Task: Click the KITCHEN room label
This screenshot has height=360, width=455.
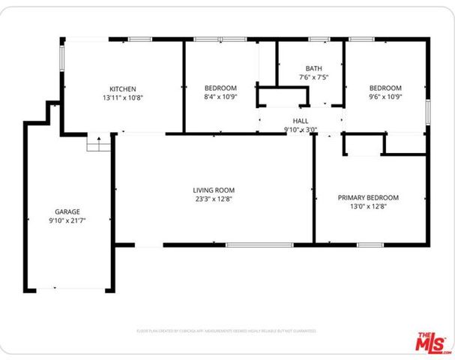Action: pos(122,88)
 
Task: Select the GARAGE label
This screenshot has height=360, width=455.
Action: pos(67,211)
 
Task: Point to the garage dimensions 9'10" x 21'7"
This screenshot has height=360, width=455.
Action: pos(67,221)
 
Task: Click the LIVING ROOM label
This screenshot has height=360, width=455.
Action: pos(214,190)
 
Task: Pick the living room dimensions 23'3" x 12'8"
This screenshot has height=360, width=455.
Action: pos(214,199)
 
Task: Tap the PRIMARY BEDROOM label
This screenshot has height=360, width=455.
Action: pos(367,198)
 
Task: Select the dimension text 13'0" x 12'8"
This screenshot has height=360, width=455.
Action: pos(367,208)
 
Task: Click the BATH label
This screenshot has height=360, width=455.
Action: pos(313,68)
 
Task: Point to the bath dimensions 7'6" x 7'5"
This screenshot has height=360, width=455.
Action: pos(313,77)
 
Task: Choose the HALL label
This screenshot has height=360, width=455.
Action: pos(300,120)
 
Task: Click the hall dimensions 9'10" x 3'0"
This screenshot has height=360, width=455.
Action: pos(300,129)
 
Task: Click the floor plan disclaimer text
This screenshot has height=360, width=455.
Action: pos(226,330)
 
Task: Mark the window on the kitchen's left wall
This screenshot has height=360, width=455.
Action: pos(62,59)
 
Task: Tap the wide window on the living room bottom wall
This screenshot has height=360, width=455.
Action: pos(259,244)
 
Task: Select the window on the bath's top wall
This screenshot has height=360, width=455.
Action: pos(319,39)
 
